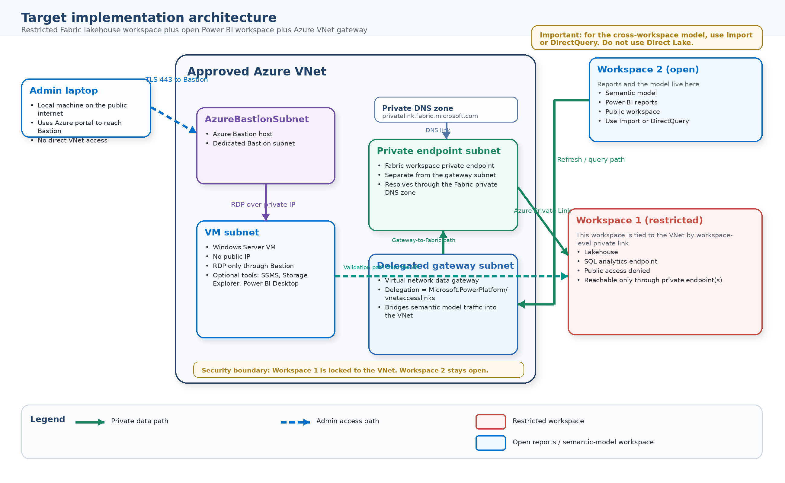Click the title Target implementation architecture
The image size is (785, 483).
(x=149, y=18)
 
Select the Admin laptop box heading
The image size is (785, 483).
(x=64, y=90)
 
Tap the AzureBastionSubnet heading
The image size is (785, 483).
(x=257, y=119)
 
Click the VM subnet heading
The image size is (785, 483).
(x=232, y=232)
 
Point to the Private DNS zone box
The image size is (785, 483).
(x=446, y=110)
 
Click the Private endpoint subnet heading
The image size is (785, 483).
(x=438, y=151)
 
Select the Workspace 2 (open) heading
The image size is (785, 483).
(x=648, y=69)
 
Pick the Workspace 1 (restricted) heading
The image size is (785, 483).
(x=639, y=220)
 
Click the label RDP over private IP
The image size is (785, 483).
(x=263, y=204)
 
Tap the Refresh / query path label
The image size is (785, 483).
(x=591, y=159)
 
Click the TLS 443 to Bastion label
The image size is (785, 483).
(x=176, y=79)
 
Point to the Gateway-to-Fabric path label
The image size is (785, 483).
(x=423, y=240)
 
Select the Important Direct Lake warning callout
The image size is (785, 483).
(x=646, y=38)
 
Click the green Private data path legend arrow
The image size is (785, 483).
(x=90, y=422)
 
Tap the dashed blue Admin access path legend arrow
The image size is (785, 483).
(x=295, y=422)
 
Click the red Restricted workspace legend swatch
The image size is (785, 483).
(x=490, y=421)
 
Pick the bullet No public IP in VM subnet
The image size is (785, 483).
(x=231, y=257)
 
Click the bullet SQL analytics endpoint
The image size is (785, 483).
(x=620, y=261)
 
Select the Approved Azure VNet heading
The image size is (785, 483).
(x=256, y=71)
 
